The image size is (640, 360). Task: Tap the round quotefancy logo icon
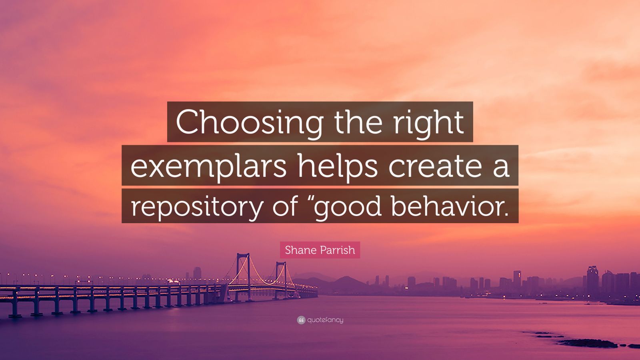click(301, 320)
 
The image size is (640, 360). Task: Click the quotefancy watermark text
click(325, 320)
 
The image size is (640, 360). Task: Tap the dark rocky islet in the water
click(588, 343)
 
